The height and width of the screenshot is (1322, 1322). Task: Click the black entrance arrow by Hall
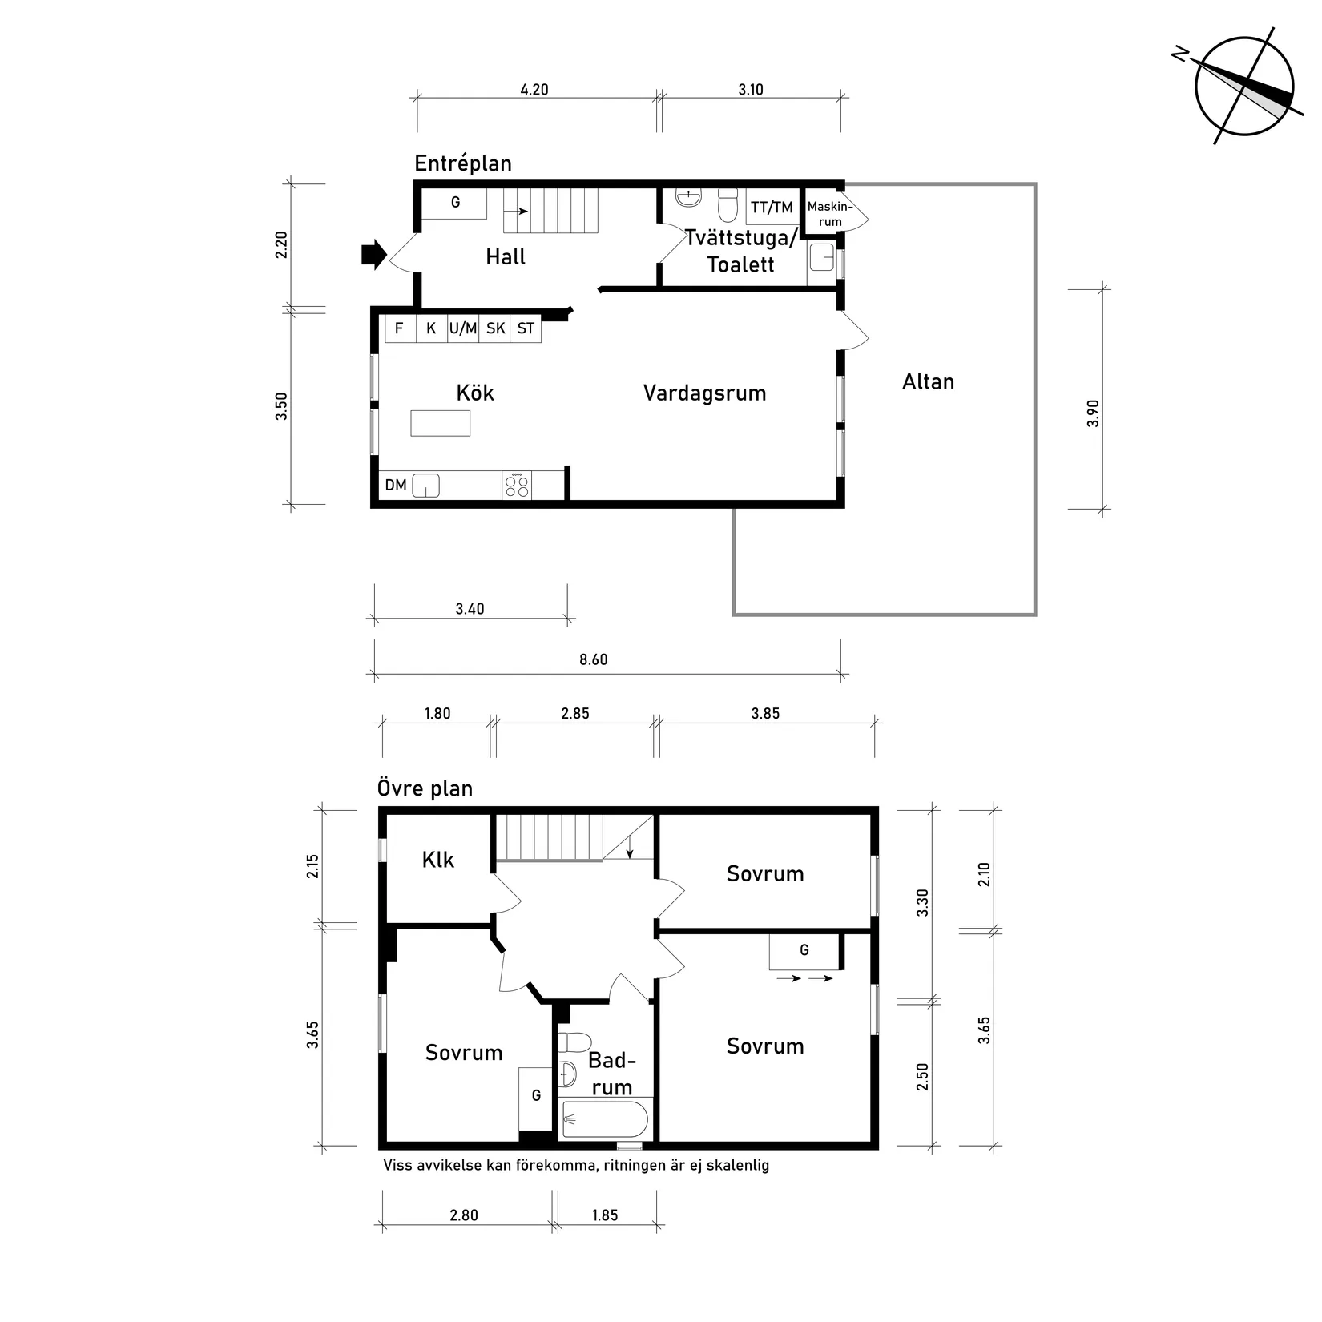(373, 256)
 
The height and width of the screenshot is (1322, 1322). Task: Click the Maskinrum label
(829, 214)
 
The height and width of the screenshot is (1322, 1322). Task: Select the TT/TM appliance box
(772, 208)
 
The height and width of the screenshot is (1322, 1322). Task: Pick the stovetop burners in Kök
(517, 486)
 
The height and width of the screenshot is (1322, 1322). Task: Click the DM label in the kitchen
(396, 486)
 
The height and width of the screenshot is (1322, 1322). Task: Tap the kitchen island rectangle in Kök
(440, 422)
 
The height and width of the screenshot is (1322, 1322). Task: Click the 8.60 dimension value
(593, 659)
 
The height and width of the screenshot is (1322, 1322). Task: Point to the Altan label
(928, 381)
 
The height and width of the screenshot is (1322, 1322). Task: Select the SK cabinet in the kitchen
(495, 328)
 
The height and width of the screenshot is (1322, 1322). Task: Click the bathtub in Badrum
(604, 1119)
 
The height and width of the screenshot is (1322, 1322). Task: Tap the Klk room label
(437, 860)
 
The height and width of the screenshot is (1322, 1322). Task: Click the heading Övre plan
(425, 788)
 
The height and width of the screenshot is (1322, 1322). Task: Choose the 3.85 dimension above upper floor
(764, 713)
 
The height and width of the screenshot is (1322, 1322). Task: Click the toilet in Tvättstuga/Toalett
(728, 204)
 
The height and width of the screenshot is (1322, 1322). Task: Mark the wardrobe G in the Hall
(454, 203)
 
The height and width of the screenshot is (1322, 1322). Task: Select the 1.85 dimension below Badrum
(605, 1215)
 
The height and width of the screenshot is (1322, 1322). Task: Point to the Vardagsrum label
(704, 393)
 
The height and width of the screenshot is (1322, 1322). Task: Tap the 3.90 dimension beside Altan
(1094, 413)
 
